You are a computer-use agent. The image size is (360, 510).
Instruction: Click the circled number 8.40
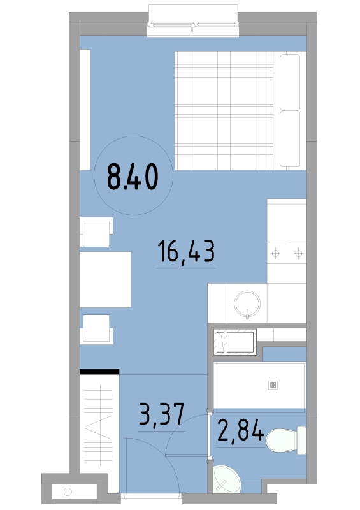pos(133,177)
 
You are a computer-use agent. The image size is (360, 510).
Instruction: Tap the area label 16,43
pos(186,251)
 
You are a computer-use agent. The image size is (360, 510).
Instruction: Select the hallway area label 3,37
pos(162,414)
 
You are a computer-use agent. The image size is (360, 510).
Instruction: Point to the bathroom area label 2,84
pos(240,430)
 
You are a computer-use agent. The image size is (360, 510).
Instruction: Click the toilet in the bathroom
pos(286,440)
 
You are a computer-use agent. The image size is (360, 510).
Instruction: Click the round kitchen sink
pos(247,304)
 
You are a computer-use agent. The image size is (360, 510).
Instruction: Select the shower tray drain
pos(273,385)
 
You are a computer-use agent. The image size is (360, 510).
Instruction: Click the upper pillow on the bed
pos(290,82)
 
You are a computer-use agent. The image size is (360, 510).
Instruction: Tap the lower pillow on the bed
pos(290,138)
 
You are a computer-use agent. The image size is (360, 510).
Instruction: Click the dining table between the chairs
pos(105,279)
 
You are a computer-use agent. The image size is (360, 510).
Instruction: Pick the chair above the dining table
pos(97,232)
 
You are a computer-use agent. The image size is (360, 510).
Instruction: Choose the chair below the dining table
pos(97,330)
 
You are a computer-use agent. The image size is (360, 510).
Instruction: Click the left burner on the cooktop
pos(275,253)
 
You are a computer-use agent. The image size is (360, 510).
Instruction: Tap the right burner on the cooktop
pos(299,253)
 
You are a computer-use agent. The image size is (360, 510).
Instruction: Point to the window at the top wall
pos(193,21)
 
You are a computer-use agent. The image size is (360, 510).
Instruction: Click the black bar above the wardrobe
pos(99,372)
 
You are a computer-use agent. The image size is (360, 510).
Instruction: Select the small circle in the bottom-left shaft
pos(68,492)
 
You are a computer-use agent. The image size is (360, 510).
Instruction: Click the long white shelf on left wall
pos(85,110)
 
